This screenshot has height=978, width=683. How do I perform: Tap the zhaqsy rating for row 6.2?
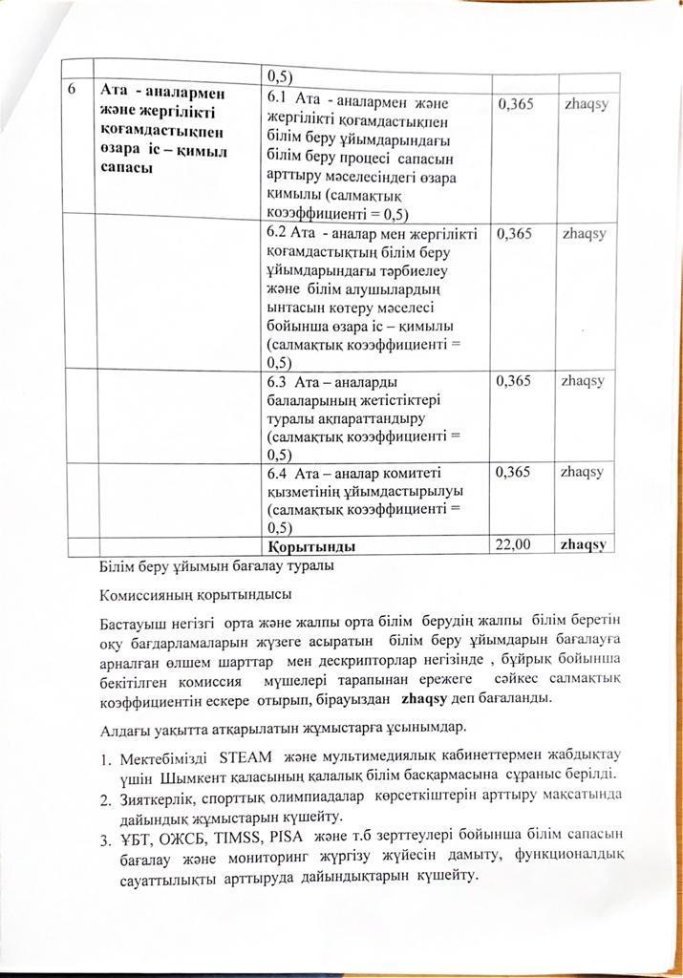click(584, 233)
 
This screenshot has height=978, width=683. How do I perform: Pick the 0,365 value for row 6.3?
click(516, 381)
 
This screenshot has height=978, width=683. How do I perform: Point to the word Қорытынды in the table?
click(312, 547)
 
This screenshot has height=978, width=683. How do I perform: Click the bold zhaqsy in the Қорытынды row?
click(586, 544)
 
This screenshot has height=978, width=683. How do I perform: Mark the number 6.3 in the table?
click(279, 382)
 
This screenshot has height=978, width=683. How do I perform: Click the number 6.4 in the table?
click(279, 473)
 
